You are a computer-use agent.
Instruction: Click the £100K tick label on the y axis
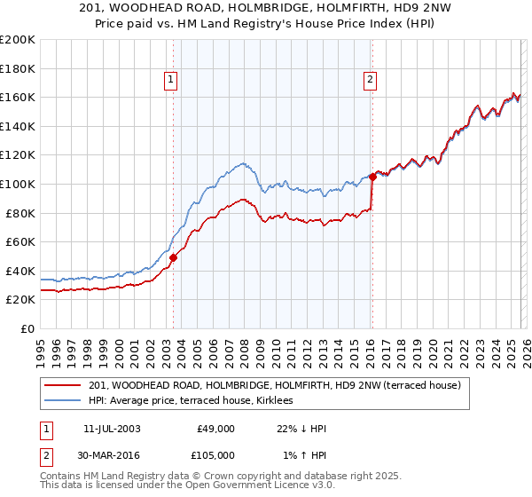point(18,184)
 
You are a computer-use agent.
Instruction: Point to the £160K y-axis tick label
point(18,97)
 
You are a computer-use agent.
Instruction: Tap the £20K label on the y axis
point(20,300)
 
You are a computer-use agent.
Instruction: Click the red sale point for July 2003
point(173,257)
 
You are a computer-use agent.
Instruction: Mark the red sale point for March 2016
point(372,177)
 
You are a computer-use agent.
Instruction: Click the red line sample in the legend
point(63,386)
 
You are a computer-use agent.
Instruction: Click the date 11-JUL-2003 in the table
point(110,429)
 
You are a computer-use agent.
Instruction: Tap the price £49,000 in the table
point(215,429)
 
